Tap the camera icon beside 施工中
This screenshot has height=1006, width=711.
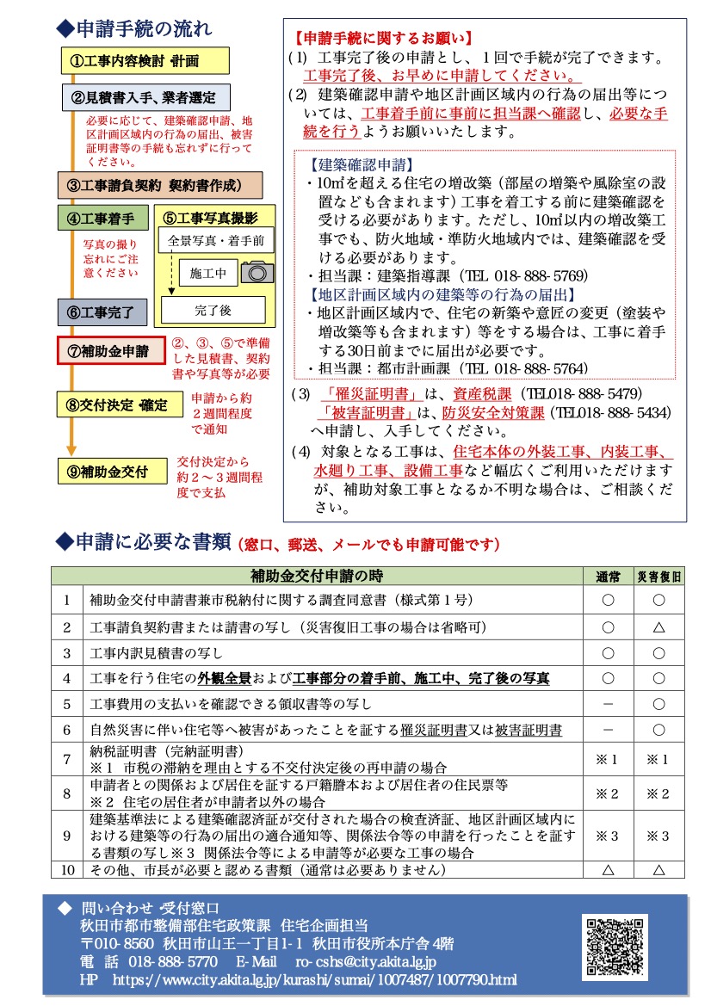click(257, 273)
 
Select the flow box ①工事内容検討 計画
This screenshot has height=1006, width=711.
click(145, 60)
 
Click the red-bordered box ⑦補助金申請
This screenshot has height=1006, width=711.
click(110, 351)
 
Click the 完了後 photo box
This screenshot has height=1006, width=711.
click(213, 308)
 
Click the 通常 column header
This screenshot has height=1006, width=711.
click(608, 576)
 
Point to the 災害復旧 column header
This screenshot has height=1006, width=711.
click(659, 576)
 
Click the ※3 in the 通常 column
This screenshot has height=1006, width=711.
click(608, 834)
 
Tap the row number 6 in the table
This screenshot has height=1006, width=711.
click(66, 730)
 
